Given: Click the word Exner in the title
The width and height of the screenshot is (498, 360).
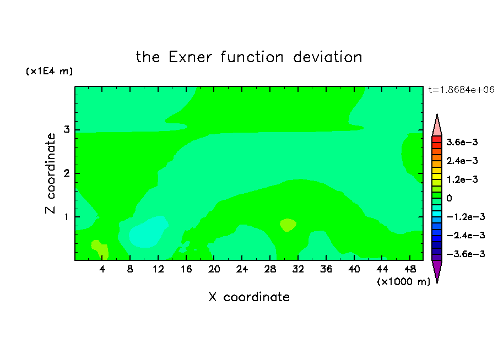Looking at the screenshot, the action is (x=190, y=57).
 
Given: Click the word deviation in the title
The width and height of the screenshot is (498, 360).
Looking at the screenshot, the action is (x=327, y=57).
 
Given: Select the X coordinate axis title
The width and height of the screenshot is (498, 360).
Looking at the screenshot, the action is (x=249, y=297).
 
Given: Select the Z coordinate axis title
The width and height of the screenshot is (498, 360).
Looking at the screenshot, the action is (x=50, y=173).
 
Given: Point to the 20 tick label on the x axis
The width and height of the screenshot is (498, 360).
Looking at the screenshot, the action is (x=214, y=269).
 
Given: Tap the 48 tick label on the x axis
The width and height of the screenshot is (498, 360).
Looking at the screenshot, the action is (x=410, y=269).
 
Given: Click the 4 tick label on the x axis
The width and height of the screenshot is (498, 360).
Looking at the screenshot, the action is (x=102, y=269).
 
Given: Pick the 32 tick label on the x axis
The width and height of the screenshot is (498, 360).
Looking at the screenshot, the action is (x=298, y=269).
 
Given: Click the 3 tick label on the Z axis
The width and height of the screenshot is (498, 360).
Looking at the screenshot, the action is (x=67, y=129).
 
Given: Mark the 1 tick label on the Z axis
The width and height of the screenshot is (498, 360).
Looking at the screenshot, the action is (x=67, y=217).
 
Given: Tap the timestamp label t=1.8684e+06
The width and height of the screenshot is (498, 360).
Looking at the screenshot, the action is (x=461, y=90).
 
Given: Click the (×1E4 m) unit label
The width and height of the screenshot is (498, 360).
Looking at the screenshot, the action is (x=49, y=71).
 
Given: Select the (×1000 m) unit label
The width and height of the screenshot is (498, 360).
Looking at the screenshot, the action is (x=403, y=282).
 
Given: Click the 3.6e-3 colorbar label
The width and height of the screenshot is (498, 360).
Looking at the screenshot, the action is (x=462, y=142).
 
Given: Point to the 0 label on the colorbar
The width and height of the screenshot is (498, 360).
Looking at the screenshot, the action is (x=449, y=198).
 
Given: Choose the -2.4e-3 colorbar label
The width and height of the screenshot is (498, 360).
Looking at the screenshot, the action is (x=465, y=236).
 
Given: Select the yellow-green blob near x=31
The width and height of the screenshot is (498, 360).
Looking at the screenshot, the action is (x=288, y=225).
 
